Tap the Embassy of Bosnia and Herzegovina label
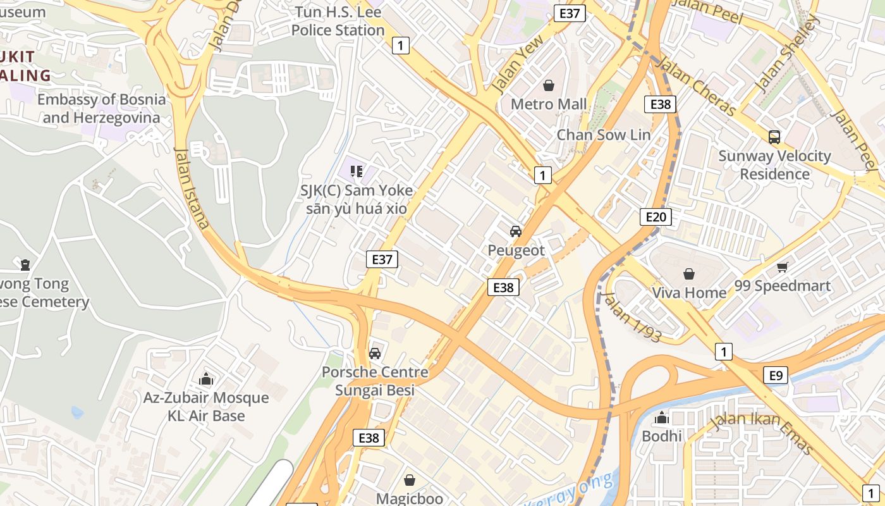click(101, 108)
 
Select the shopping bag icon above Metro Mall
click(549, 85)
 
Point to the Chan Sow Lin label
click(603, 135)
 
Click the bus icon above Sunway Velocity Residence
click(774, 137)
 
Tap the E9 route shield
click(776, 376)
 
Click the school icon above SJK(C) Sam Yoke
click(357, 171)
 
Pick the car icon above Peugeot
click(516, 231)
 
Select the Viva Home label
click(689, 292)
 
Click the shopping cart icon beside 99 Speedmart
click(783, 268)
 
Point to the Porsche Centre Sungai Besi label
click(375, 381)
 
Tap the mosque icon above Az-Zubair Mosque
click(206, 379)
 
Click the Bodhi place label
click(662, 436)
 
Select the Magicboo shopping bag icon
click(410, 480)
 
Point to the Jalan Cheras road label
click(695, 86)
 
